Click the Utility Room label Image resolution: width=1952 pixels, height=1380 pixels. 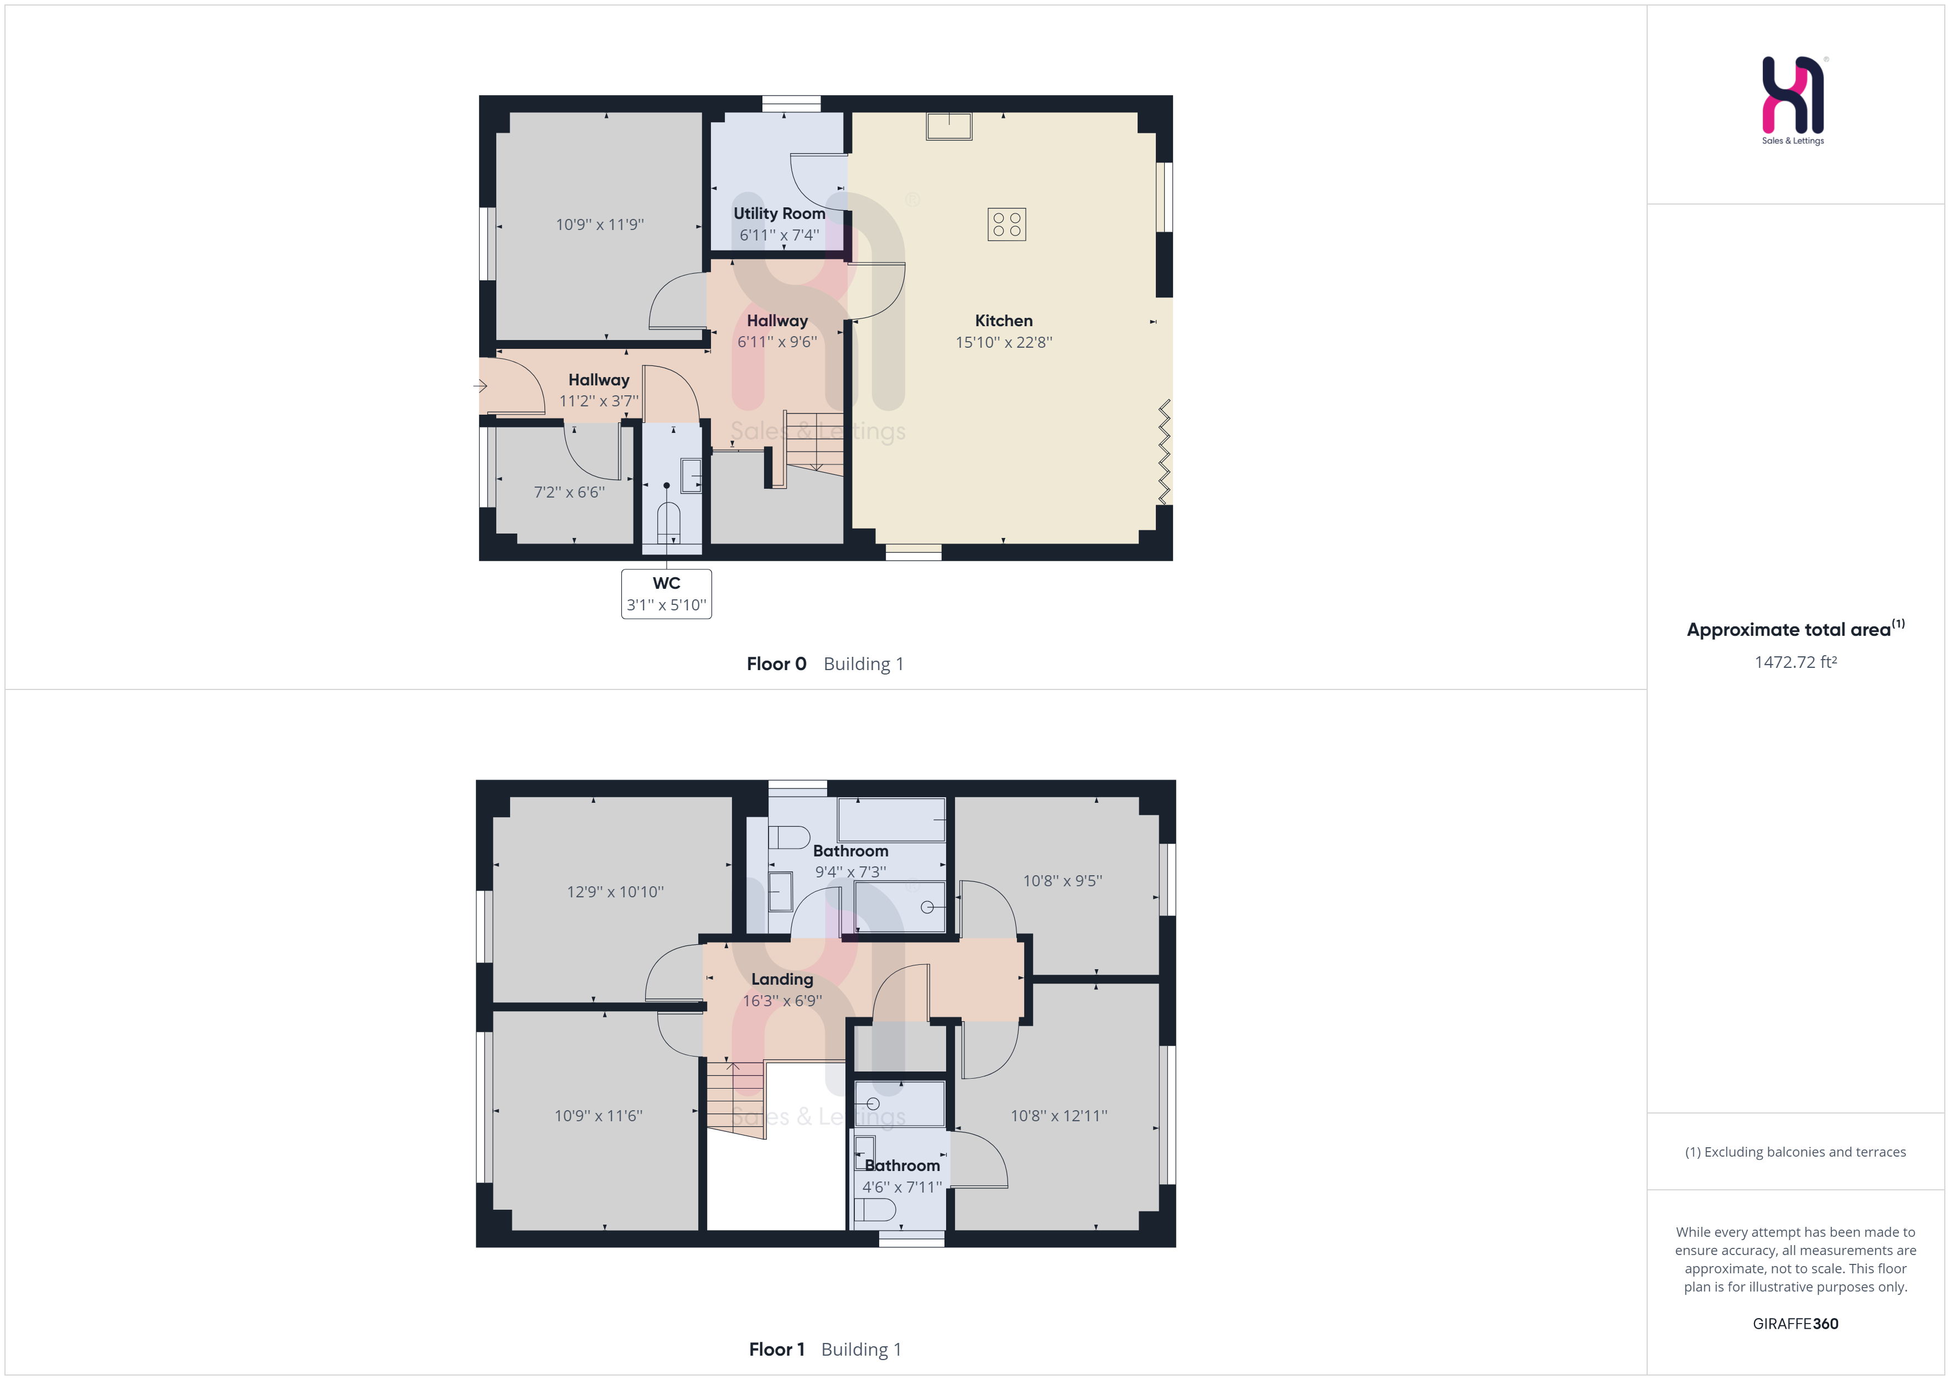tap(779, 213)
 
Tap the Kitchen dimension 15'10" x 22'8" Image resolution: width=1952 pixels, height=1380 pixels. tap(1003, 342)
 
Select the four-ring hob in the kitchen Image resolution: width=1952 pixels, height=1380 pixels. tap(1006, 224)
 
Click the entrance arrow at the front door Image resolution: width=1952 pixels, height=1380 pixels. tap(480, 386)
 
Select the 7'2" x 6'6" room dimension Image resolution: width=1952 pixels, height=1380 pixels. tap(569, 492)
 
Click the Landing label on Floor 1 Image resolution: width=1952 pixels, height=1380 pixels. tap(781, 979)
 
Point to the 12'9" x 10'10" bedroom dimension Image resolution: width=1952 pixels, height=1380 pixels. tap(615, 891)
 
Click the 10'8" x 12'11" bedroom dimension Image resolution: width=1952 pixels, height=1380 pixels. tap(1058, 1116)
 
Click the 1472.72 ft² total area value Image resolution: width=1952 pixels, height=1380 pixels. tap(1795, 662)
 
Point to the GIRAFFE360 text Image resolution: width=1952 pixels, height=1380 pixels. tap(1795, 1323)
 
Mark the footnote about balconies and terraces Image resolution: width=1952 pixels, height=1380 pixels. tap(1795, 1152)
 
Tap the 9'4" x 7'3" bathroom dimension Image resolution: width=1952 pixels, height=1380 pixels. tap(850, 872)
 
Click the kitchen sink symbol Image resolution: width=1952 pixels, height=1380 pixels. tap(949, 126)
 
